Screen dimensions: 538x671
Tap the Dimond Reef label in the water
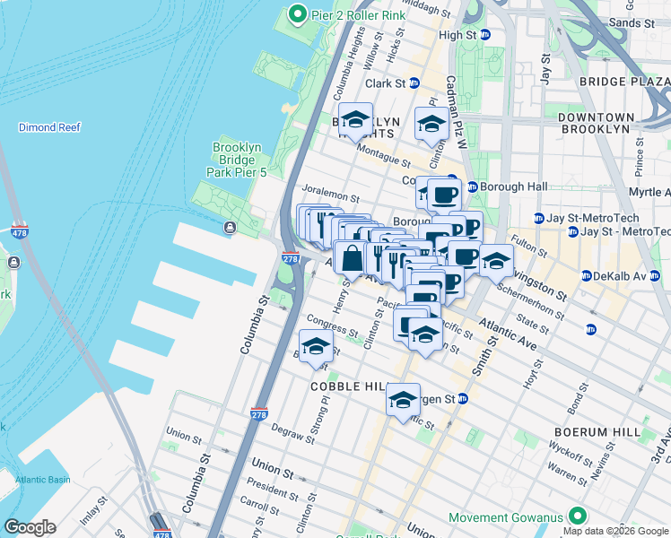49,127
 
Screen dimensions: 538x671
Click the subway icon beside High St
485,35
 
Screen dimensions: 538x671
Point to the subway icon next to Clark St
414,82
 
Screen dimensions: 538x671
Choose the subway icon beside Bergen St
463,398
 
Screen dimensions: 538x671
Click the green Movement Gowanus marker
578,517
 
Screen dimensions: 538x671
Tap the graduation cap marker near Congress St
315,346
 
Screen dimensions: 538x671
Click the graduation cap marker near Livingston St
495,261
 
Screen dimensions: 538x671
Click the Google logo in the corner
30,527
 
